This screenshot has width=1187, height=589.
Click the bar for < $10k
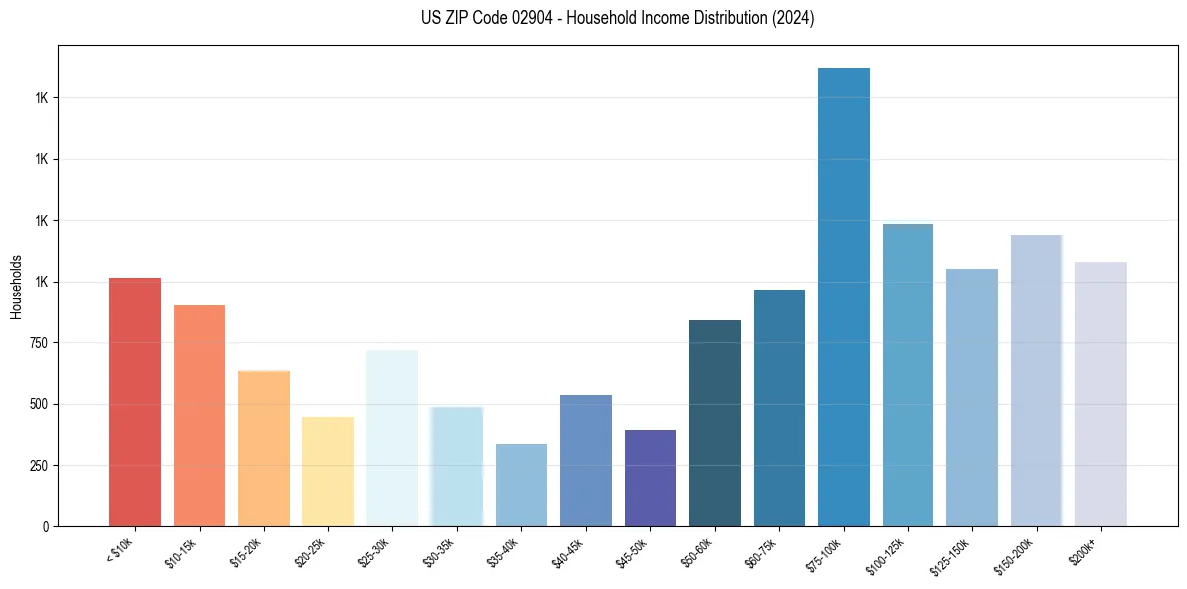(135, 401)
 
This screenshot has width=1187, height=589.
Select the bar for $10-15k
(199, 415)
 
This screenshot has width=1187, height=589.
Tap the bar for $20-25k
(327, 471)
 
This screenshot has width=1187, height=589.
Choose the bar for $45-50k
(650, 478)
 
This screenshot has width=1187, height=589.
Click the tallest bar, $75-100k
(844, 296)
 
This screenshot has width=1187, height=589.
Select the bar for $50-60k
(715, 423)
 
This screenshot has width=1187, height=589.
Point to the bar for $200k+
(1100, 393)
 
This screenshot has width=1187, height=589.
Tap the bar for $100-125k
(907, 374)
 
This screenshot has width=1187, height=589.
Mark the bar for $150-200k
(1036, 380)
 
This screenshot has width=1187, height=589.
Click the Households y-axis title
(17, 287)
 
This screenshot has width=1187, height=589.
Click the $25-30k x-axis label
(373, 552)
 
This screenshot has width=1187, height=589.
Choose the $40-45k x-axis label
(567, 552)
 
